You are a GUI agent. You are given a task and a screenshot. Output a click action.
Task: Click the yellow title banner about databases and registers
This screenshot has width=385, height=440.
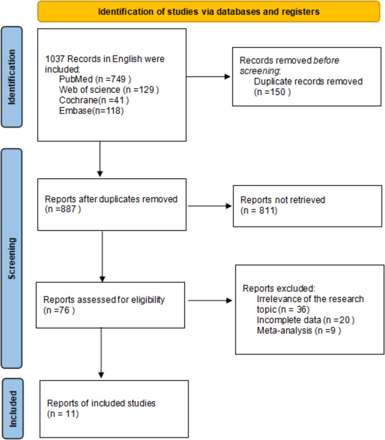click(209, 12)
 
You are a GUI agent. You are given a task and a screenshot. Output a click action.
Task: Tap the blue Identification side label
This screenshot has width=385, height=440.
click(12, 77)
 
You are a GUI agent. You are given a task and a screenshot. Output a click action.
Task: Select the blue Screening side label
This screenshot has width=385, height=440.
click(12, 258)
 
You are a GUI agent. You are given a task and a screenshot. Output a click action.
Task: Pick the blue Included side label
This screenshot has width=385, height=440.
click(13, 409)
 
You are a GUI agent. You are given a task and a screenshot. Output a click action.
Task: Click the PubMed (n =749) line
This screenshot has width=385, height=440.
click(95, 79)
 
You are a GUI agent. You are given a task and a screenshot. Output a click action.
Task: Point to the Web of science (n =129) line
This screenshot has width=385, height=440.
click(109, 90)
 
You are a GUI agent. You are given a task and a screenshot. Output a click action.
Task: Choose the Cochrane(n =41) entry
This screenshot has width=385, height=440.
click(94, 100)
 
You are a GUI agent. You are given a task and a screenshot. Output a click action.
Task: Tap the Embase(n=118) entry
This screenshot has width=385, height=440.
click(91, 111)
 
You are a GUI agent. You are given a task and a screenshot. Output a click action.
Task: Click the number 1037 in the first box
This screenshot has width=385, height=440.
click(55, 59)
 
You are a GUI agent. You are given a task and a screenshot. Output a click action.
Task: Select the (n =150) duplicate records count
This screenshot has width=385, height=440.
click(272, 92)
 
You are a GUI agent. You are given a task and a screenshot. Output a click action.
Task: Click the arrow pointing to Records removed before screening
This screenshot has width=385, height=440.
click(209, 77)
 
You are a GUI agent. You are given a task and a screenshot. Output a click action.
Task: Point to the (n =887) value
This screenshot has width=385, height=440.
click(63, 209)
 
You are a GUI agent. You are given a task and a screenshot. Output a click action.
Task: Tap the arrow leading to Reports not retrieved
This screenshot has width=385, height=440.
click(210, 206)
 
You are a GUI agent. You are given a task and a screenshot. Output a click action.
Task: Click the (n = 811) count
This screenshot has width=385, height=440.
click(259, 211)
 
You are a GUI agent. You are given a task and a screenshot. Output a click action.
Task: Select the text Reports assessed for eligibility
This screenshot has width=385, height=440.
click(104, 300)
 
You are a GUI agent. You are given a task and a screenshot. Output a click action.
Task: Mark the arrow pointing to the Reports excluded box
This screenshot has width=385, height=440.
click(210, 300)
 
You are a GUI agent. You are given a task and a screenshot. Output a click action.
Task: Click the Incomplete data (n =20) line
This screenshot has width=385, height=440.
click(305, 320)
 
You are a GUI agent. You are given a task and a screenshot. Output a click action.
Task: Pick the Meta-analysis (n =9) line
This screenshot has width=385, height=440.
click(299, 331)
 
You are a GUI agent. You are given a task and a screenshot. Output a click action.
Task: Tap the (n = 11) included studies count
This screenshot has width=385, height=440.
click(63, 414)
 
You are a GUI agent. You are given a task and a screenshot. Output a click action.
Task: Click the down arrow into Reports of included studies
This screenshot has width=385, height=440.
click(101, 353)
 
